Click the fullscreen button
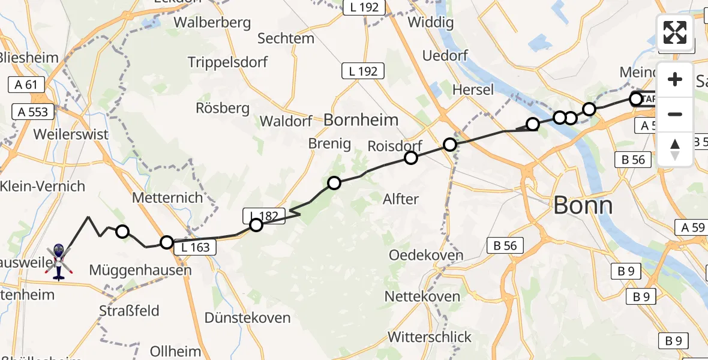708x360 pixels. (675, 32)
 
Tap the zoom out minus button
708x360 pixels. (675, 114)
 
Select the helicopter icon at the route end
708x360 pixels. (58, 262)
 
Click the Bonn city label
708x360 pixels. (583, 206)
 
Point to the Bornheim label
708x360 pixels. (361, 120)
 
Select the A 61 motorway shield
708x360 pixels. (27, 85)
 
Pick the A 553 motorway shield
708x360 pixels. (33, 112)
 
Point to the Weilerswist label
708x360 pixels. (71, 134)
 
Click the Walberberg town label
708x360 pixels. (212, 23)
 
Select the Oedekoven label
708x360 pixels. (426, 255)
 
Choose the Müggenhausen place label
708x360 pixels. (140, 271)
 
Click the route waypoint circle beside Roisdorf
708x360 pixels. (411, 158)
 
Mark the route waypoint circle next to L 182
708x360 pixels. (256, 225)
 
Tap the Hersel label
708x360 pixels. (473, 89)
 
